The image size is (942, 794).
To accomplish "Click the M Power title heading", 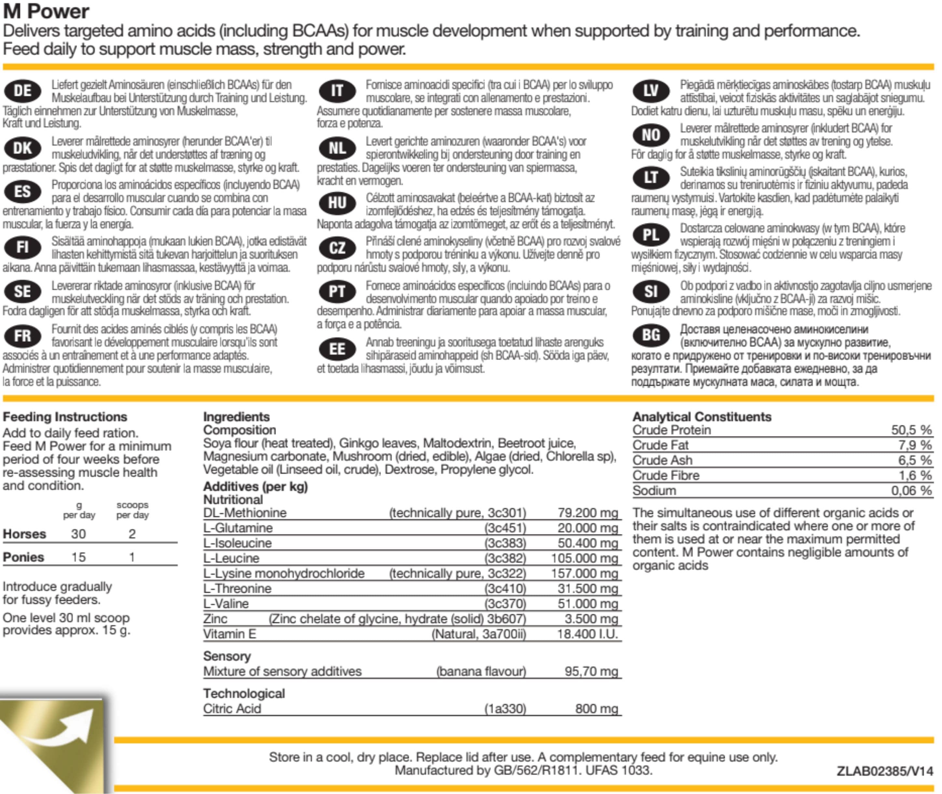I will click(46, 11).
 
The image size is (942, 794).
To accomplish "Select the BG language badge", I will click(651, 335).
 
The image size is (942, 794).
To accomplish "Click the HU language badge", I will click(337, 203).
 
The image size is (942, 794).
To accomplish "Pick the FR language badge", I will click(22, 336).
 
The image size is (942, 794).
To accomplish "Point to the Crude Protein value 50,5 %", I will click(911, 430).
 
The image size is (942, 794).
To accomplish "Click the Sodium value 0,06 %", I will click(911, 491).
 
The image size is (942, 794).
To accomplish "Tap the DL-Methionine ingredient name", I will click(245, 513).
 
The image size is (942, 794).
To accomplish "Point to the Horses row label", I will click(24, 534).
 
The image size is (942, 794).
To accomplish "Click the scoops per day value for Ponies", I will click(132, 557).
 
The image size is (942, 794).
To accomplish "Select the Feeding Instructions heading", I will click(65, 417).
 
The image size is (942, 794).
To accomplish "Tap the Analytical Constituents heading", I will click(702, 417).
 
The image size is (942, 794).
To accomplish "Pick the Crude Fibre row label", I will click(666, 475).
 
